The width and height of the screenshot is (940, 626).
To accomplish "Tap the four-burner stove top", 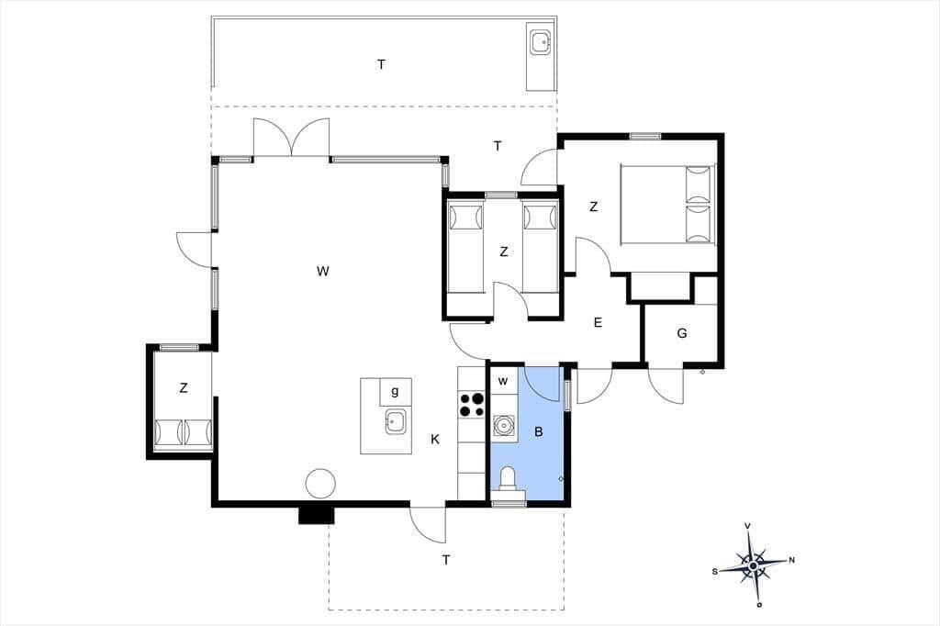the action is point(471,404).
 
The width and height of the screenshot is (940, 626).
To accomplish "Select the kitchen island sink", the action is point(396,421).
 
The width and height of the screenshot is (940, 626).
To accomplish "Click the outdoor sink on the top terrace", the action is point(542,42).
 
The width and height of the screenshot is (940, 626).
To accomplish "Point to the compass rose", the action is point(753,565).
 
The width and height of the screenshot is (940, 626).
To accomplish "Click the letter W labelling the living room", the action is point(322,271).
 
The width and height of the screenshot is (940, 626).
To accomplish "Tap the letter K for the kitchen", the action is point(435,440).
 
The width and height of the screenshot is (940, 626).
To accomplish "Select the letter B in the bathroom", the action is point(538,431).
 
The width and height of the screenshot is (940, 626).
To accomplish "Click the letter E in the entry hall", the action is point(598,322).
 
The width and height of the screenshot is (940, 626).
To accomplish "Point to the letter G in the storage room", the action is point(682,333).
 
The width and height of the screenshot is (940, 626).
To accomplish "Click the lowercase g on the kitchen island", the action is point(395,392).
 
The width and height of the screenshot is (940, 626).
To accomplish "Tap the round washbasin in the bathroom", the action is point(504,425).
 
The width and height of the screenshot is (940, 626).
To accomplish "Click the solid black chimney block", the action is point(316,515).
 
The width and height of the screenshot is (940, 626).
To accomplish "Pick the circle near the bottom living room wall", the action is point(320,484).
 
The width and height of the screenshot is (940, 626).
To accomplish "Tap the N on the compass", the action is point(791,561).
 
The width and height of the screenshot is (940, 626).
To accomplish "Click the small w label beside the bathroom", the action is point(504,381).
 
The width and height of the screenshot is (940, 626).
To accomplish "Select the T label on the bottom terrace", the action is point(446,560).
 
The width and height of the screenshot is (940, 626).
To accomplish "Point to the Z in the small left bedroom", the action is point(183,388).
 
